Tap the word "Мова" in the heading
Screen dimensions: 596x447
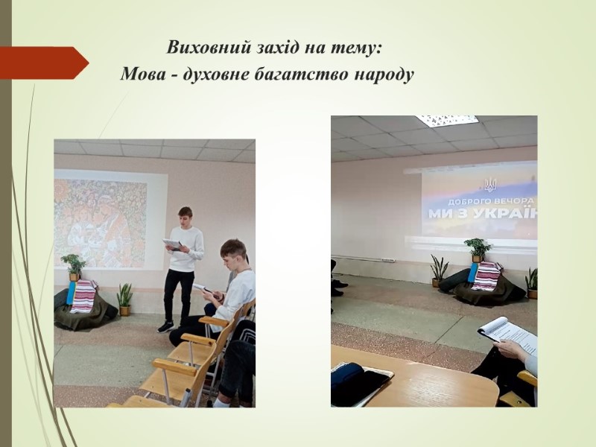(143, 74)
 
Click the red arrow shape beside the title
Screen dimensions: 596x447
(44, 63)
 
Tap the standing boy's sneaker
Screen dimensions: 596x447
(166, 326)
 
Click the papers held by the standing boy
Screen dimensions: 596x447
(172, 244)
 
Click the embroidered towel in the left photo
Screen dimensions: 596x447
(83, 296)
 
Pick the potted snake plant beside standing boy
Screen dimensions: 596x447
(124, 299)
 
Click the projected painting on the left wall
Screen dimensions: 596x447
(101, 223)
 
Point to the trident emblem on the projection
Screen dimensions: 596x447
(490, 185)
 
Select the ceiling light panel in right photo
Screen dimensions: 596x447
(447, 121)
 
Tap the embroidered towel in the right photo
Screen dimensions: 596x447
(486, 276)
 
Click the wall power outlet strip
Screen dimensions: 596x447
(387, 260)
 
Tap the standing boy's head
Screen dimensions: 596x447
(185, 217)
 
